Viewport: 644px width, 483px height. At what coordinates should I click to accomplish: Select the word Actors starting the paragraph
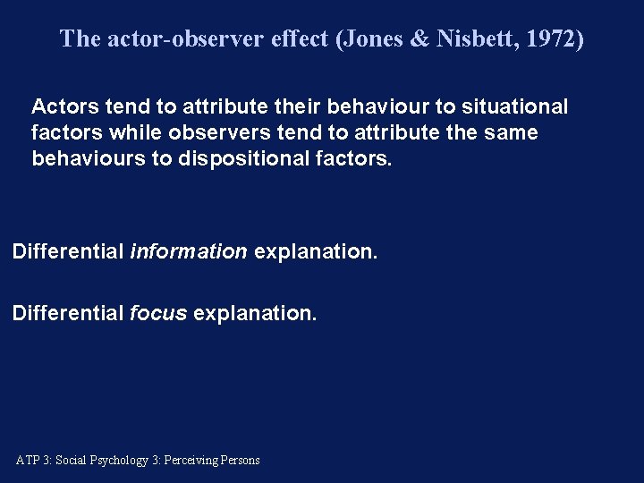62,106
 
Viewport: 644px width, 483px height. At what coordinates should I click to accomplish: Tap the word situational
513,106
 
